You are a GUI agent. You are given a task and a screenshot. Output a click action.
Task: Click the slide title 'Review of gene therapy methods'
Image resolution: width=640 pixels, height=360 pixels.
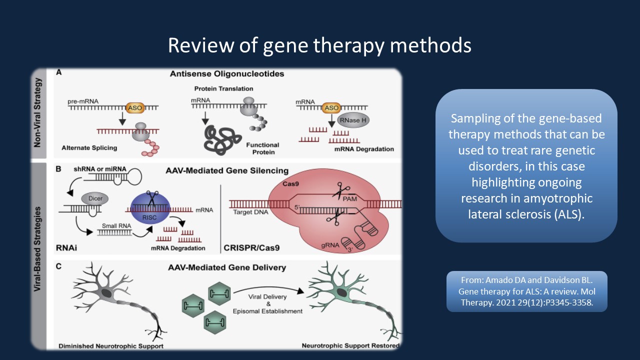319,45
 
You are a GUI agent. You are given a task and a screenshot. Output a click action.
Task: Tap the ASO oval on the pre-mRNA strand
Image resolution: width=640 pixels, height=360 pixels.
135,108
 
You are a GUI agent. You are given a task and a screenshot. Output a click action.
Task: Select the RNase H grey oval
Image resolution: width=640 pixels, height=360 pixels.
353,120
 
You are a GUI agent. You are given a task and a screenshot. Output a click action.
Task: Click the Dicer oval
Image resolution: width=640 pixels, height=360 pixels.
95,198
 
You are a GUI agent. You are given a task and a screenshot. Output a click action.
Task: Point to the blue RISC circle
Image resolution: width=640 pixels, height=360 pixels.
150,207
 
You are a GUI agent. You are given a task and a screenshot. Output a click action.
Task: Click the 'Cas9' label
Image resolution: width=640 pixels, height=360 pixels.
290,183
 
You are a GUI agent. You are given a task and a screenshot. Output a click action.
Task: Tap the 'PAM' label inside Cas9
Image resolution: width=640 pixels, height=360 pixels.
349,199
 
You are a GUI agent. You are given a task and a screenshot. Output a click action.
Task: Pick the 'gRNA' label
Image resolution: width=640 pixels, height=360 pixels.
330,245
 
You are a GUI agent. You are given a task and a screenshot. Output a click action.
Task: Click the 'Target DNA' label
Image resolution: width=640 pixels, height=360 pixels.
250,212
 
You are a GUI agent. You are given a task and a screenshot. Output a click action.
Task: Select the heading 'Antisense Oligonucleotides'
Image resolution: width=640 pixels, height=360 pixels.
227,73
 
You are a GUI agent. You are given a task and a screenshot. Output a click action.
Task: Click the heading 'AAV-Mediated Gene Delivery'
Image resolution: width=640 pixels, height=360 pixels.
227,267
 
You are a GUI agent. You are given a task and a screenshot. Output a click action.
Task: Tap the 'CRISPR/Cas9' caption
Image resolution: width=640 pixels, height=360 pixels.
251,247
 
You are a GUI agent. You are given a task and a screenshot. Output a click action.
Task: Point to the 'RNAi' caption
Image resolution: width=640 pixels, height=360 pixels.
66,247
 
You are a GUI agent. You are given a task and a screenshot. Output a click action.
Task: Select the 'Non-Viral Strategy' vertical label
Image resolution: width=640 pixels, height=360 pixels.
37,112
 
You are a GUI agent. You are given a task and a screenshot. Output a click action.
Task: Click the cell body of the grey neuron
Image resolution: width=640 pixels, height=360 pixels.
106,293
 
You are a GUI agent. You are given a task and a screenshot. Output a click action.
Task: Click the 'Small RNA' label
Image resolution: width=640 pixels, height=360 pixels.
116,225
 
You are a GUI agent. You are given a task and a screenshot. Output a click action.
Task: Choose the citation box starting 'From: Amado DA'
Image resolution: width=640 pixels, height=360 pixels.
527,291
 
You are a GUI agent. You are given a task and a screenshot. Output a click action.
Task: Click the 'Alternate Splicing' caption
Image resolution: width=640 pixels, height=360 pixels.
89,148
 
